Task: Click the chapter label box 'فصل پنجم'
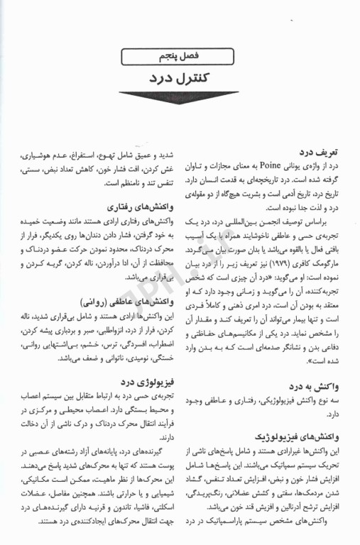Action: tap(178, 55)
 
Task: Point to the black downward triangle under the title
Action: tap(179, 98)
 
